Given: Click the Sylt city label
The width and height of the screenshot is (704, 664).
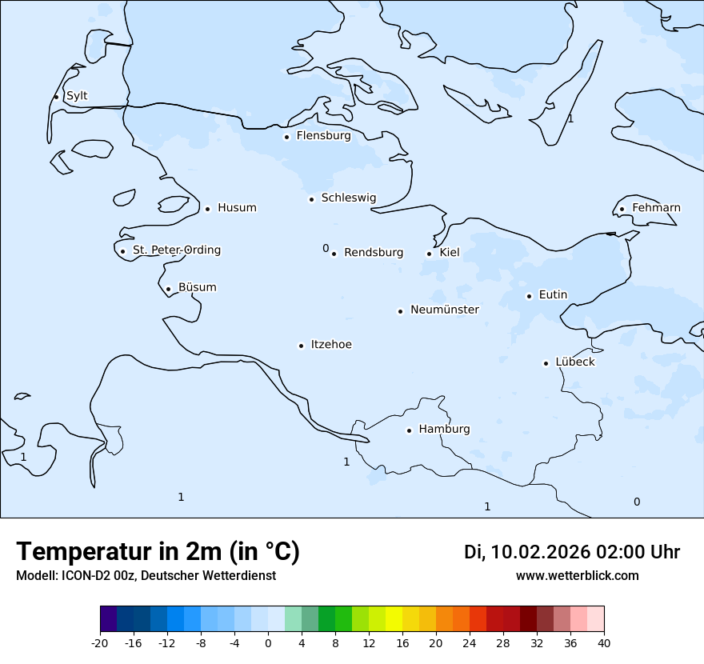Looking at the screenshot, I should (77, 96).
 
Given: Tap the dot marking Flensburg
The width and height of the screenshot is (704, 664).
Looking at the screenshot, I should (286, 137).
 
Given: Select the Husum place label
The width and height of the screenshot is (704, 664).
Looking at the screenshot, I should (237, 208).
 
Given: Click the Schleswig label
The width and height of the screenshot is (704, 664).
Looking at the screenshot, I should (348, 198).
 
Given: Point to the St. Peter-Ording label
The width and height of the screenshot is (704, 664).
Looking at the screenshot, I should (176, 250).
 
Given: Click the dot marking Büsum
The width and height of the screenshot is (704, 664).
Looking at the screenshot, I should (168, 289).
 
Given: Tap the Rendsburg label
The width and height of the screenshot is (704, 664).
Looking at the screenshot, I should (374, 253).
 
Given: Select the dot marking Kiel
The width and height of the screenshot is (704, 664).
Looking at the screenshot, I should (430, 254).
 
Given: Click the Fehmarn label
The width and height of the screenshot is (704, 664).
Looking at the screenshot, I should (656, 208).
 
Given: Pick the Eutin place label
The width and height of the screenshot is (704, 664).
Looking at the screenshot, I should (553, 295).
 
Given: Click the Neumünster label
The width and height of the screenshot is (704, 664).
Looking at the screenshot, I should (445, 310).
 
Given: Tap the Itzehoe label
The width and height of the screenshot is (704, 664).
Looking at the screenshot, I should (331, 345).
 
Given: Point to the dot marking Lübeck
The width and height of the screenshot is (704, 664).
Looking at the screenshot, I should (546, 363).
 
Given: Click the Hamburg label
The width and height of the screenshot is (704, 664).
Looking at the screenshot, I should (444, 430).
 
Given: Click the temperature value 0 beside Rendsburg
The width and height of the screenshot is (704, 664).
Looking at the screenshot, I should (326, 249).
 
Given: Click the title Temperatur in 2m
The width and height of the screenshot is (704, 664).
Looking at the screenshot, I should (158, 552).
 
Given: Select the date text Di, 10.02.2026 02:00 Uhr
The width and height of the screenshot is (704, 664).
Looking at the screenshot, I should (572, 552).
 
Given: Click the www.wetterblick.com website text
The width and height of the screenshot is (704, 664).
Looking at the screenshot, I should (578, 576).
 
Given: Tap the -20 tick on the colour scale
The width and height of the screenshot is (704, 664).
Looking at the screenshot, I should (100, 643).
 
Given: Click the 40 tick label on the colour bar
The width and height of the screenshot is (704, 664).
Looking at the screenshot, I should (604, 643).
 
